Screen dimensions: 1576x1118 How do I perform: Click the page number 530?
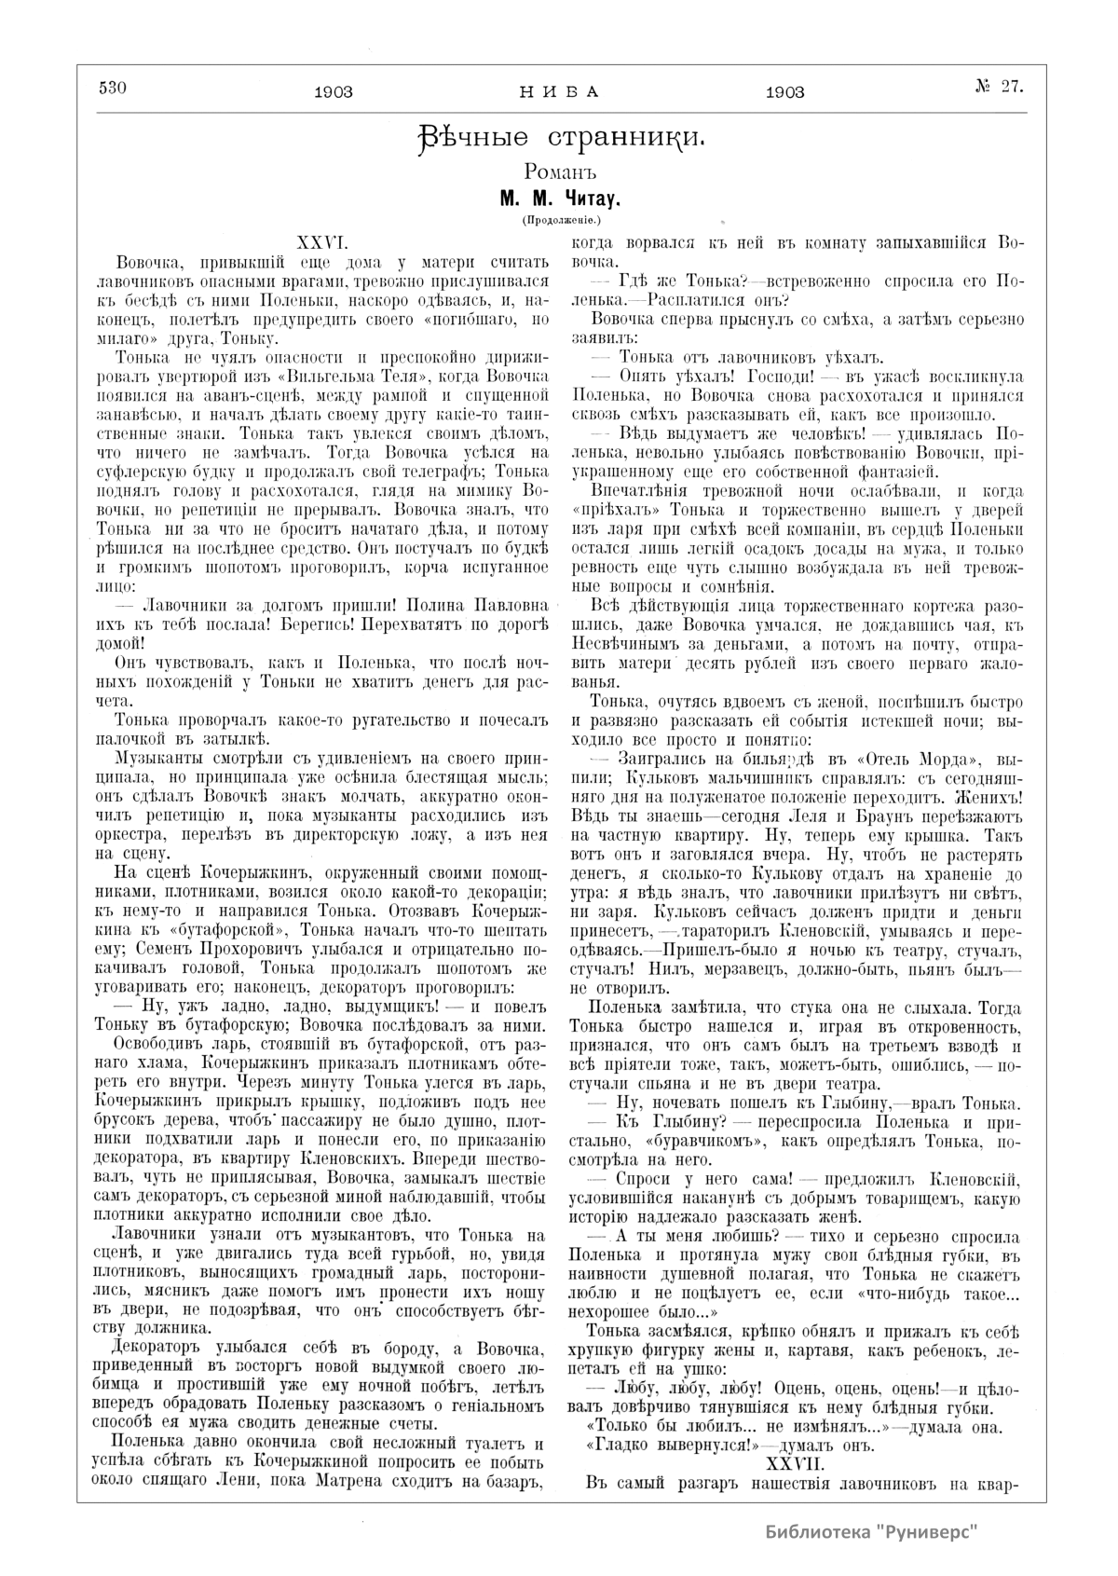pyautogui.click(x=111, y=89)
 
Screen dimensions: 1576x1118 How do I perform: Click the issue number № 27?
pyautogui.click(x=999, y=88)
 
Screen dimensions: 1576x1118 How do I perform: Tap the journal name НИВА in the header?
pyautogui.click(x=557, y=91)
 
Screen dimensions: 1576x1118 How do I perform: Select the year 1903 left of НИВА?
pyautogui.click(x=334, y=91)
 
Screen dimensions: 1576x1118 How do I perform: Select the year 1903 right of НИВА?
pyautogui.click(x=784, y=91)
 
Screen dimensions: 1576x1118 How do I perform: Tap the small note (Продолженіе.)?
pyautogui.click(x=559, y=220)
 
